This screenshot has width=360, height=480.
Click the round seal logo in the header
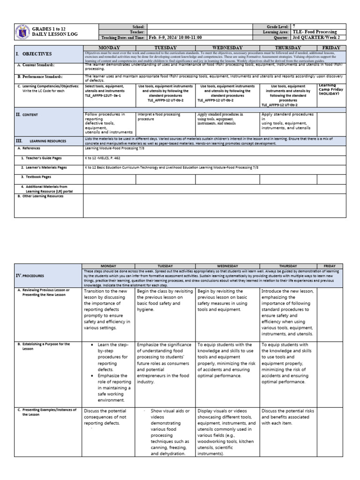tap(22, 32)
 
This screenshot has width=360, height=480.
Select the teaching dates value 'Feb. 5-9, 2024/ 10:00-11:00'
tap(176, 37)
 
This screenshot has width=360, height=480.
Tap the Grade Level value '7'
tap(294, 27)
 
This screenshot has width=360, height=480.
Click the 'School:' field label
tap(139, 27)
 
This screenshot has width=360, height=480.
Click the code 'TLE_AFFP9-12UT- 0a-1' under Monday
tap(103, 95)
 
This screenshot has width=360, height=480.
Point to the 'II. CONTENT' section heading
tap(27, 114)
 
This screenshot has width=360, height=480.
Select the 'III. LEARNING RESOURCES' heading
tap(45, 141)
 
